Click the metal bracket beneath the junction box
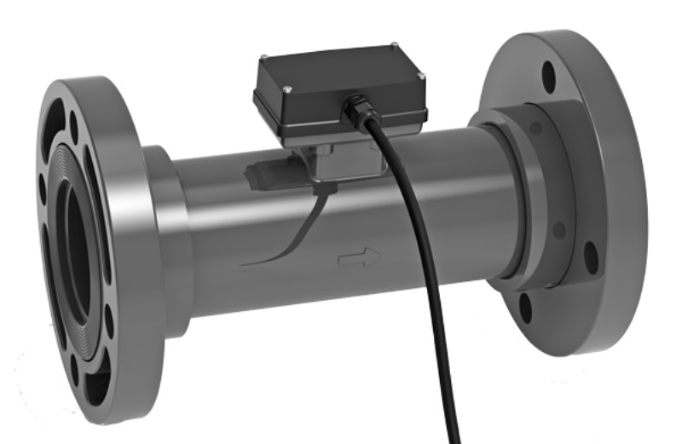point(337,162)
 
